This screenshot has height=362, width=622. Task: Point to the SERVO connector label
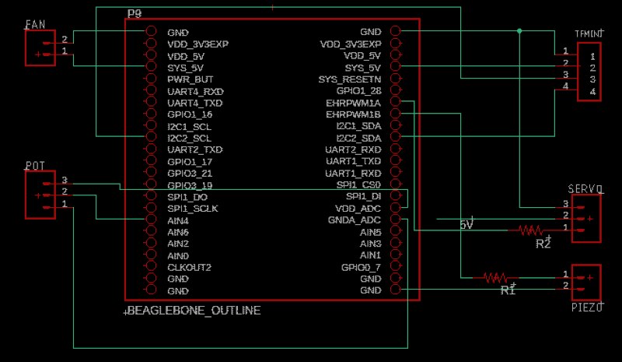click(585, 189)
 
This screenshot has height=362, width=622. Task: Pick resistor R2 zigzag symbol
click(531, 230)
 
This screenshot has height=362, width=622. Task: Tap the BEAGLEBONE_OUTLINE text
click(193, 311)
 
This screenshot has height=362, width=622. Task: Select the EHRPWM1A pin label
click(354, 103)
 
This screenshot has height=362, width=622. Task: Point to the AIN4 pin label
click(178, 220)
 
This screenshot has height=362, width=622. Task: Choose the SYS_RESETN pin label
click(350, 79)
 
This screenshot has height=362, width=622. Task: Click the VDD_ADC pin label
click(358, 209)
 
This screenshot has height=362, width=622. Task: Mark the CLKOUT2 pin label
click(189, 267)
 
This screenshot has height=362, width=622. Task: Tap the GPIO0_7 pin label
click(361, 267)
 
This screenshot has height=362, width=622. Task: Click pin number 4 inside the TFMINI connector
click(592, 92)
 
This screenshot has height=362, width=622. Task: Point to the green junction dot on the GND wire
click(519, 31)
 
